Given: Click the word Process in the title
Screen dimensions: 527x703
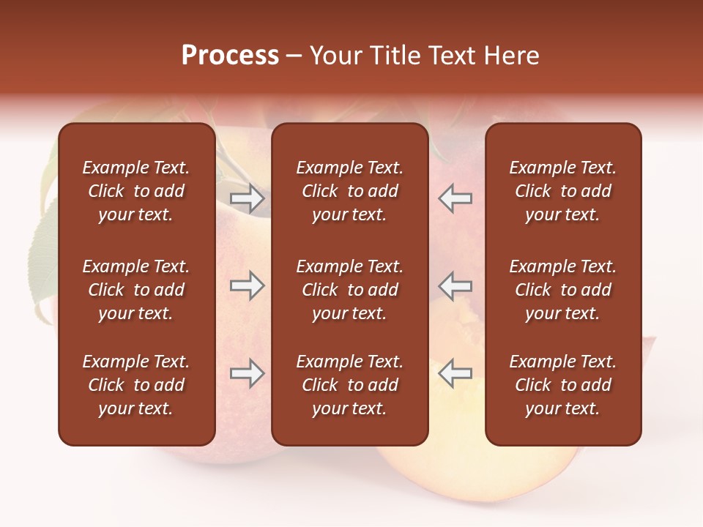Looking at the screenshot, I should tap(230, 56).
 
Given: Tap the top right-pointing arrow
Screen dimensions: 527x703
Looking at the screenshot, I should tap(247, 198).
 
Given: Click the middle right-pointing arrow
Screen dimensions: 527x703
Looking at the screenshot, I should tap(247, 285).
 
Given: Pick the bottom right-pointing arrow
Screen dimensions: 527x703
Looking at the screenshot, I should tap(247, 373).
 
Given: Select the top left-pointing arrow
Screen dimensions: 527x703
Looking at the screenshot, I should tap(455, 198).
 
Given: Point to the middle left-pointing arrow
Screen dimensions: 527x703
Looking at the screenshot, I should tap(455, 285).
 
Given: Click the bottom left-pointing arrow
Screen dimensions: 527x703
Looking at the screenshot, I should tap(455, 373).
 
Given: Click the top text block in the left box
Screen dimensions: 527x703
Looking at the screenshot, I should tap(136, 191).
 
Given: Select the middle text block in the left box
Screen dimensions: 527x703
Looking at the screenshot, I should tap(136, 290).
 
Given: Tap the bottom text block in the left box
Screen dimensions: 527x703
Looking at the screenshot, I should tap(136, 385).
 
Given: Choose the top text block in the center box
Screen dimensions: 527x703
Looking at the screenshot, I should tap(349, 191).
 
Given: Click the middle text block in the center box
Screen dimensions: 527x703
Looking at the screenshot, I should tap(349, 290).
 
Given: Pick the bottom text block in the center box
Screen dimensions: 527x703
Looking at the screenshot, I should tap(349, 385).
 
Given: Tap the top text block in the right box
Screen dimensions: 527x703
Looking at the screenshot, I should tap(562, 191).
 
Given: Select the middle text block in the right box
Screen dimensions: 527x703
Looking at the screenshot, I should tap(562, 290).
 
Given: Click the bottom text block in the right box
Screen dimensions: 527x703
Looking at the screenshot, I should tap(562, 385).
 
